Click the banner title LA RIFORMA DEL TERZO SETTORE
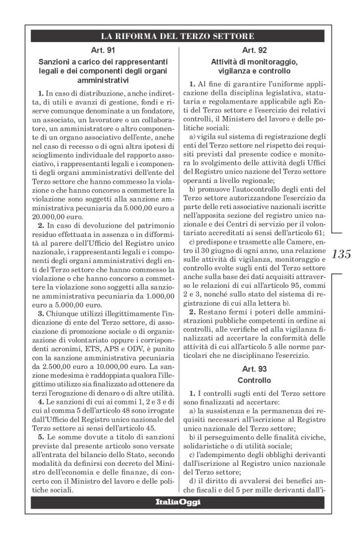(x=178, y=35)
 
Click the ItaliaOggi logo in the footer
(x=179, y=501)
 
